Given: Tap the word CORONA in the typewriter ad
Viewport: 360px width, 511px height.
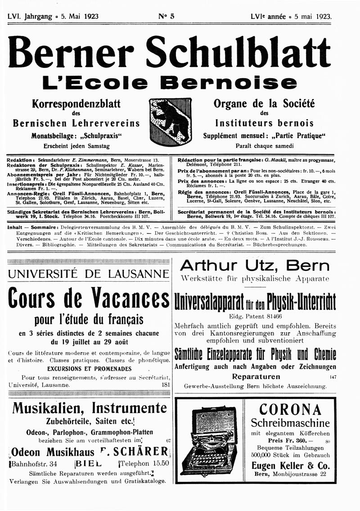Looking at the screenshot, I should (x=290, y=410).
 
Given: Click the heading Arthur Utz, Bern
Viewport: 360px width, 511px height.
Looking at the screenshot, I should (x=254, y=265).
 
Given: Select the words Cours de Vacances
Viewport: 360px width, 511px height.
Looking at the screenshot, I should (x=89, y=299).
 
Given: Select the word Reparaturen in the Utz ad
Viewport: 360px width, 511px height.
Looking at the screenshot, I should (x=256, y=377).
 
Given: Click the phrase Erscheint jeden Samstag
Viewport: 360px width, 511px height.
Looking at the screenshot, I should (x=76, y=146).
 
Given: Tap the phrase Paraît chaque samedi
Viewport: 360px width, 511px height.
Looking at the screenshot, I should (x=264, y=146).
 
